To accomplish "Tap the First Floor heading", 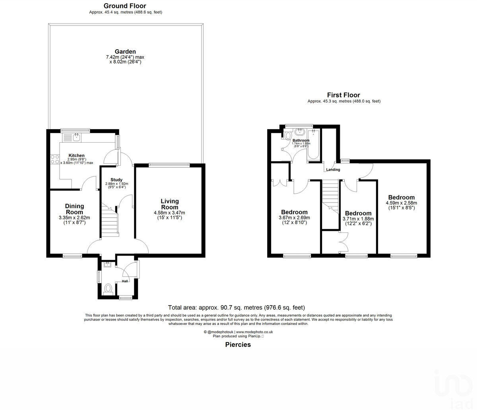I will click(343, 95).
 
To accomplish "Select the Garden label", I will click(125, 52).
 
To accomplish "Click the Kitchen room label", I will click(76, 155).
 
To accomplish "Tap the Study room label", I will click(116, 180).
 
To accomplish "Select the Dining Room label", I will click(74, 209).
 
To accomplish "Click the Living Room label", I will click(169, 204).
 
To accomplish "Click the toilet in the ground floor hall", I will click(107, 288).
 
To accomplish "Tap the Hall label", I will click(125, 281).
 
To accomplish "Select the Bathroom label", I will click(301, 141).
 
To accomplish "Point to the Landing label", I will click(333, 170).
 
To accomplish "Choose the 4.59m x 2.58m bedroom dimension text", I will click(401, 203).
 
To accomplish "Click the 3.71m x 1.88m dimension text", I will click(358, 219).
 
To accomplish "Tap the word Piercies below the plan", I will click(238, 344).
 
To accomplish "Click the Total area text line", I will click(237, 307).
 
